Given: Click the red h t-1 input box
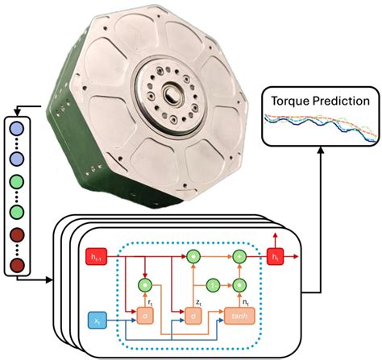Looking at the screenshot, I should (97, 258).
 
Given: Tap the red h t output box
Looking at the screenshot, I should (276, 258).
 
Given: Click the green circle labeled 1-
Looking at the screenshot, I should (214, 284).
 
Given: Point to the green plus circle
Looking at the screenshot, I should (239, 257).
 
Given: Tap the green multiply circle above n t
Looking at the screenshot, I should (239, 284).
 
